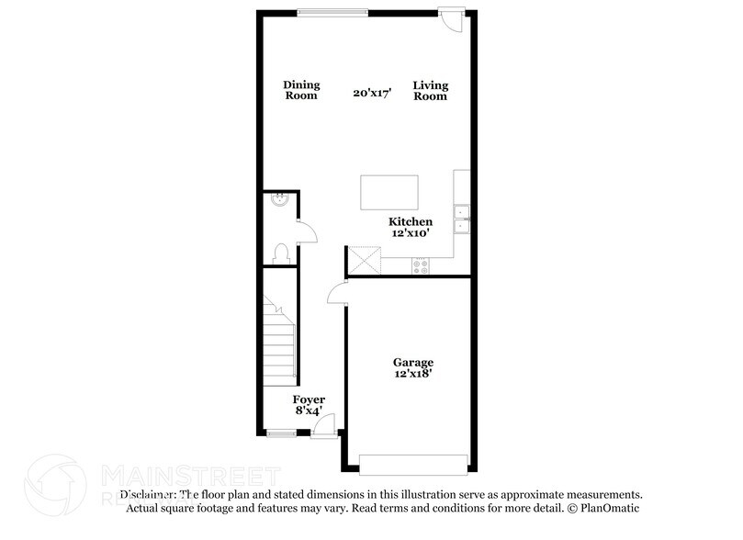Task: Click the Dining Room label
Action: click(x=300, y=90)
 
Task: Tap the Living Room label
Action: click(x=430, y=90)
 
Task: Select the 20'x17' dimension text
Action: click(x=373, y=93)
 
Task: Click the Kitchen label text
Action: click(x=411, y=222)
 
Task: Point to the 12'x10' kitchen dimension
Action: click(x=411, y=235)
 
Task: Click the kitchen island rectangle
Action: click(x=389, y=193)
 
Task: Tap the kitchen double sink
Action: click(x=464, y=219)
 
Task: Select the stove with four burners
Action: click(x=421, y=265)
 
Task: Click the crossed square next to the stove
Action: click(x=364, y=261)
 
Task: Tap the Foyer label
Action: click(x=309, y=399)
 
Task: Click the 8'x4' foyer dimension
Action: click(x=309, y=411)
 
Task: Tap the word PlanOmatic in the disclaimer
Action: click(x=609, y=507)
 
